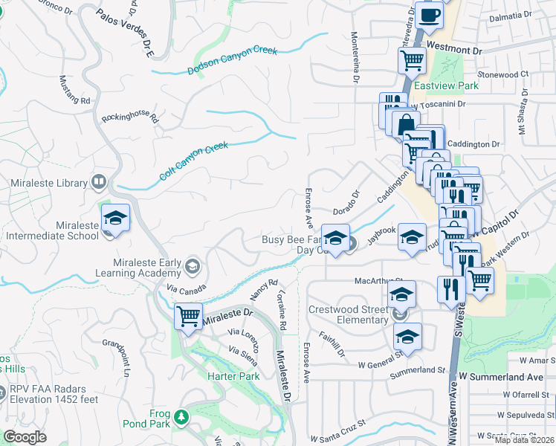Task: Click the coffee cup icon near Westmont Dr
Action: click(x=430, y=16)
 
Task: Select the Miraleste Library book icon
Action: click(x=98, y=182)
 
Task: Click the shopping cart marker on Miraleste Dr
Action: click(x=188, y=317)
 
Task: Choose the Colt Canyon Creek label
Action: click(x=193, y=161)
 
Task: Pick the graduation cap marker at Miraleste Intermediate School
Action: click(x=115, y=218)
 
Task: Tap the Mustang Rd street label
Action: click(x=74, y=89)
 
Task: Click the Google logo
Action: click(x=25, y=436)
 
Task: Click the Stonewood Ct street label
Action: click(x=502, y=74)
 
